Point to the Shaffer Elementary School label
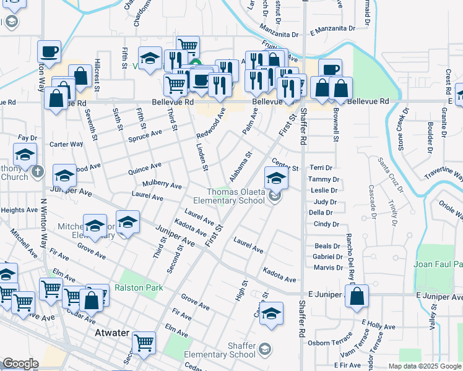pyautogui.click(x=224, y=350)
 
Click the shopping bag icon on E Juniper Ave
pyautogui.click(x=357, y=297)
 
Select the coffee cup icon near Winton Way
pyautogui.click(x=49, y=53)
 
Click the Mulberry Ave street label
pyautogui.click(x=162, y=184)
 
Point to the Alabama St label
pyautogui.click(x=240, y=167)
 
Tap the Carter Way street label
pyautogui.click(x=66, y=144)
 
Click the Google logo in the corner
pyautogui.click(x=20, y=364)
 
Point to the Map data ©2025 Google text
pyautogui.click(x=424, y=366)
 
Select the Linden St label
pyautogui.click(x=201, y=155)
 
